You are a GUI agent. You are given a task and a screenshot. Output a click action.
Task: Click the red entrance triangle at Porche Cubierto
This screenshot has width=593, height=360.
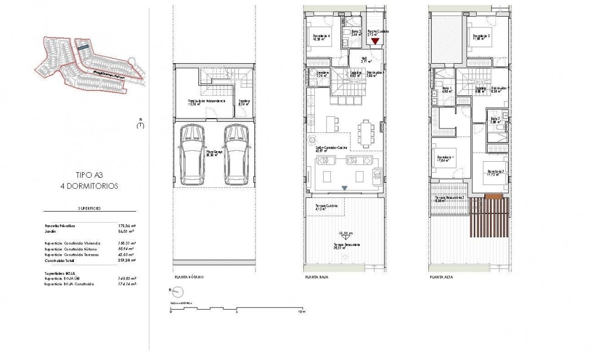(x=375, y=41)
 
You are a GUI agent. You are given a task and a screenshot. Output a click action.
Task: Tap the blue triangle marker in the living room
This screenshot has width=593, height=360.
(x=345, y=188)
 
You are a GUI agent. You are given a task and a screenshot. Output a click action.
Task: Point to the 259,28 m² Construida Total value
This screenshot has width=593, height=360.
(x=127, y=259)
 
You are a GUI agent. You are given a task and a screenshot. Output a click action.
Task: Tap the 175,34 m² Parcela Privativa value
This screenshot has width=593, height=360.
(x=127, y=226)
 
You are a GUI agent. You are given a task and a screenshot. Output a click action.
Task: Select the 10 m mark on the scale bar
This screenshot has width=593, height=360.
(x=300, y=311)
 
